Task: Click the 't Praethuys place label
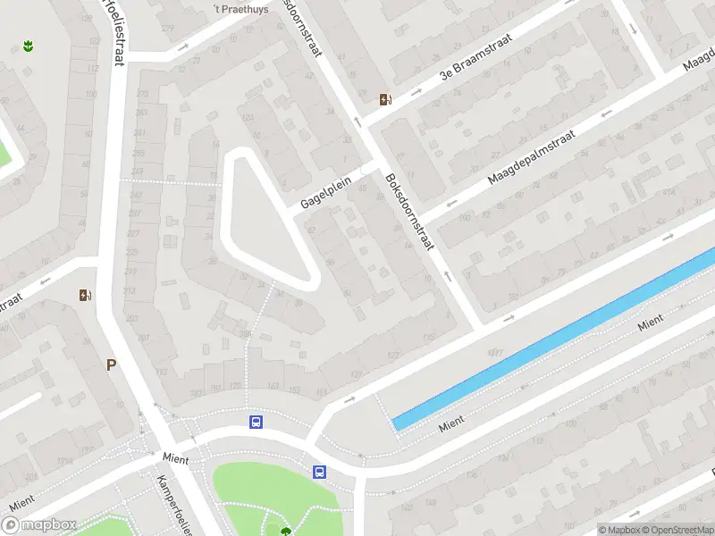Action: click(230, 9)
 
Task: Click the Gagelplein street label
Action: click(326, 192)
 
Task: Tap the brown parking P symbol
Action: click(112, 364)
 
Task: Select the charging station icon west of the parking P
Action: click(86, 295)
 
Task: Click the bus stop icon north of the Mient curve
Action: click(256, 422)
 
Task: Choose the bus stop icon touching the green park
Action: click(319, 472)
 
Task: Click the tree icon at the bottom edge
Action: click(285, 532)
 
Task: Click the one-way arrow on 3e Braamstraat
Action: click(416, 91)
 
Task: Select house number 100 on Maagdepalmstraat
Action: click(464, 217)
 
